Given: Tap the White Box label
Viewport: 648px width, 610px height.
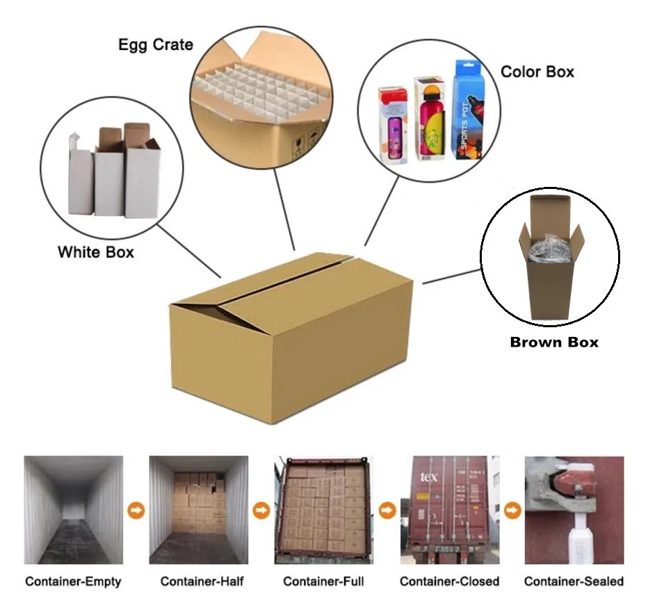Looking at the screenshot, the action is pyautogui.click(x=96, y=252).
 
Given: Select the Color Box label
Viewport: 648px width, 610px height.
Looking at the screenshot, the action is pyautogui.click(x=537, y=72).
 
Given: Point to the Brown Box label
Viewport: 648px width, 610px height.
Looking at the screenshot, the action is pyautogui.click(x=554, y=342).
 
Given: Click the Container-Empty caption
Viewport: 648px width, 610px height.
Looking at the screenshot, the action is pyautogui.click(x=73, y=581).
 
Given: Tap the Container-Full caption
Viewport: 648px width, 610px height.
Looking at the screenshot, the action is pyautogui.click(x=323, y=581).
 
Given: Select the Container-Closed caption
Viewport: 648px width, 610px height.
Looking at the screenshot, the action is pyautogui.click(x=449, y=581).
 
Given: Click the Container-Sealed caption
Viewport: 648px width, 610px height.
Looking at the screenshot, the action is pyautogui.click(x=574, y=581).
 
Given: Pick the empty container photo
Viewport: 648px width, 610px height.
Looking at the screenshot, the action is pyautogui.click(x=73, y=509).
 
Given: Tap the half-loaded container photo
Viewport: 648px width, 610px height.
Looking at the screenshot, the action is pyautogui.click(x=198, y=509).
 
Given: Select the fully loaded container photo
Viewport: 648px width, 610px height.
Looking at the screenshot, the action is pyautogui.click(x=324, y=509).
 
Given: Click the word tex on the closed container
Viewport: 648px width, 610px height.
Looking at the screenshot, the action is pyautogui.click(x=430, y=479).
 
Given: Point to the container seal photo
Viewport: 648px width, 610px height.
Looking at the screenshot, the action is pyautogui.click(x=574, y=509).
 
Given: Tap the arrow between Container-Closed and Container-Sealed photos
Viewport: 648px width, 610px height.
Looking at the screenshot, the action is pyautogui.click(x=512, y=511).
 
